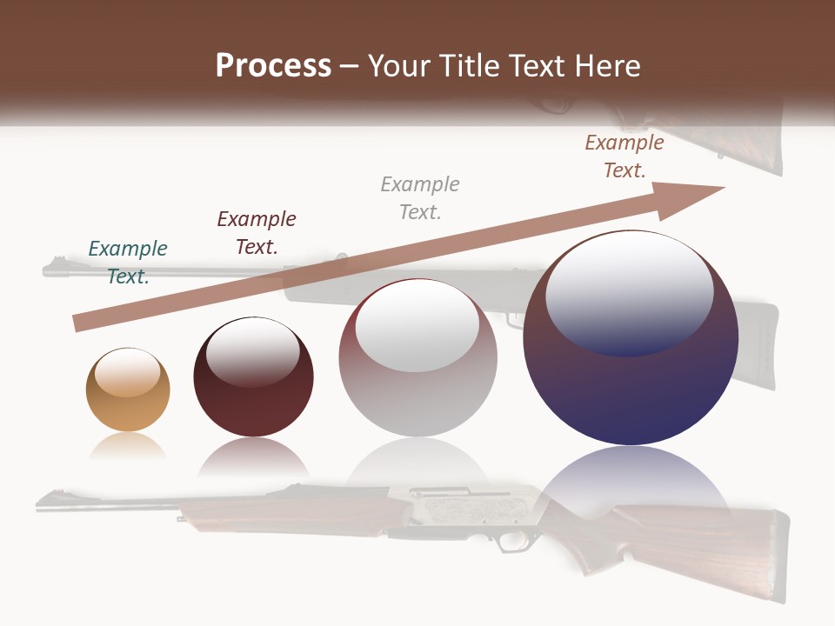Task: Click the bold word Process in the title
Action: coord(273,66)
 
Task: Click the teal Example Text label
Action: coord(128,262)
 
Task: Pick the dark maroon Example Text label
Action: coord(257,232)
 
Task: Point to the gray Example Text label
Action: coord(420,197)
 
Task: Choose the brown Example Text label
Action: coord(625,156)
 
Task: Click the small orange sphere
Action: coord(128,390)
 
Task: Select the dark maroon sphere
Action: coord(253,377)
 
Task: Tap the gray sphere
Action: coord(417,358)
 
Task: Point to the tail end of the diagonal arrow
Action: coord(78,323)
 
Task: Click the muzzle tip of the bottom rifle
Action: coord(40,502)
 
